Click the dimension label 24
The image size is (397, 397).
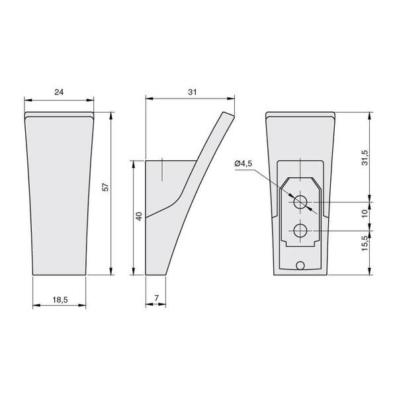point(59,92)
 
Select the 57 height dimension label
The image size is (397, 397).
point(106,187)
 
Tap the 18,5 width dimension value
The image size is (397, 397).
point(60,300)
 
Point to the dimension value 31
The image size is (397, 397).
point(192,92)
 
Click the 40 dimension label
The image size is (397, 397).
point(139,216)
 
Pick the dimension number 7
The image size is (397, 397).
point(156,298)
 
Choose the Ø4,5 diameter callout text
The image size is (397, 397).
point(243,163)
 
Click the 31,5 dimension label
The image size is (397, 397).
point(365,157)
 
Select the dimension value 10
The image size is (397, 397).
point(365,214)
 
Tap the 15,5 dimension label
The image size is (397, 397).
point(365,243)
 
